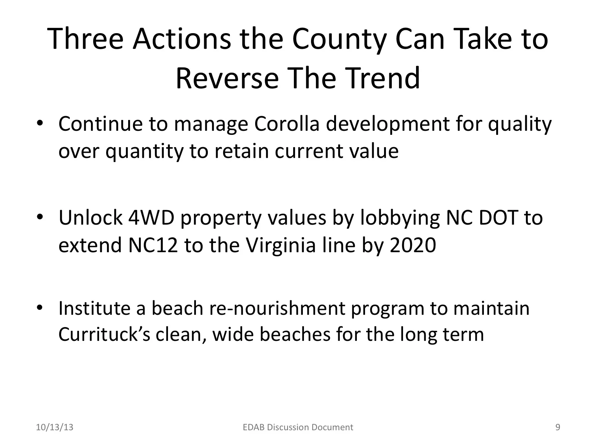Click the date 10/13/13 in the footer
(55, 427)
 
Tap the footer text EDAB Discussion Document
(297, 427)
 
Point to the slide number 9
(558, 427)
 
